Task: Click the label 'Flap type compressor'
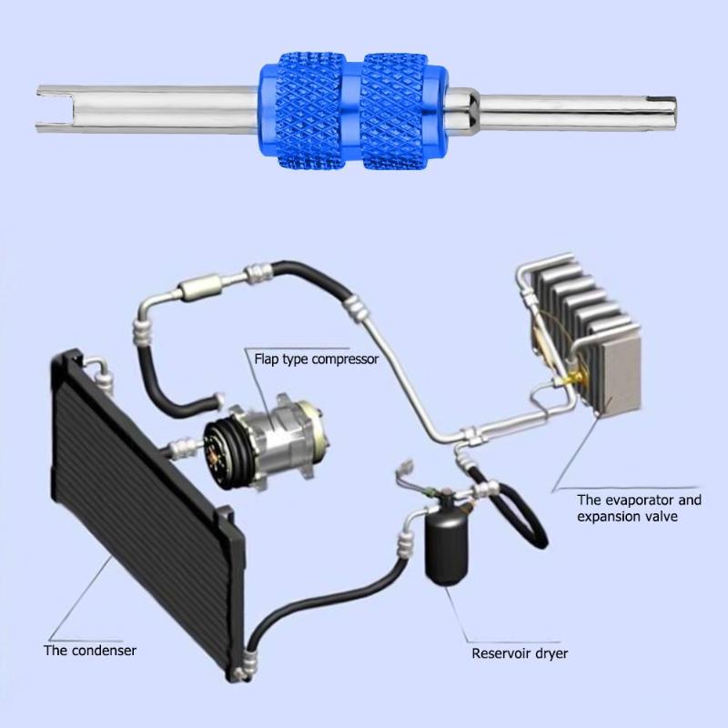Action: (x=316, y=359)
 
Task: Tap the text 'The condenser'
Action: (x=90, y=650)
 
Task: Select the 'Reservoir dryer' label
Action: (x=520, y=652)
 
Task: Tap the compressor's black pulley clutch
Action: (x=224, y=446)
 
